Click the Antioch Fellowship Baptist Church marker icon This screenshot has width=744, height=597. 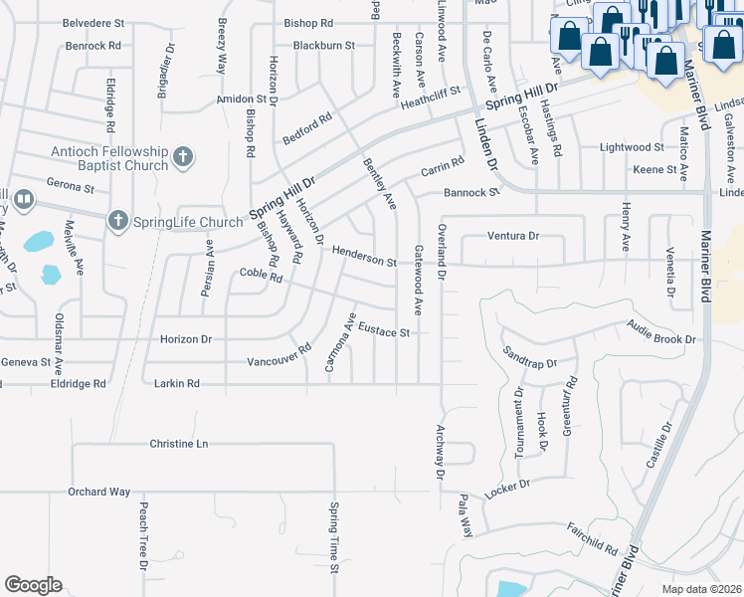point(182,156)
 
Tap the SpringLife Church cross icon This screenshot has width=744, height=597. point(117,220)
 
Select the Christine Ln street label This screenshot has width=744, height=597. point(179,443)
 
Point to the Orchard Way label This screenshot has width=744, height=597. point(99,492)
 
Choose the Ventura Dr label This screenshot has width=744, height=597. point(512,236)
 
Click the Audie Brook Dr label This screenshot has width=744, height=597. point(661,333)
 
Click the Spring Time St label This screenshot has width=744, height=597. point(334,537)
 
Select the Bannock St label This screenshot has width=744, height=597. point(471,192)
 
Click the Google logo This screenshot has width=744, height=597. point(33,584)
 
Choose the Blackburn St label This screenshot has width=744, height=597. point(324,46)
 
